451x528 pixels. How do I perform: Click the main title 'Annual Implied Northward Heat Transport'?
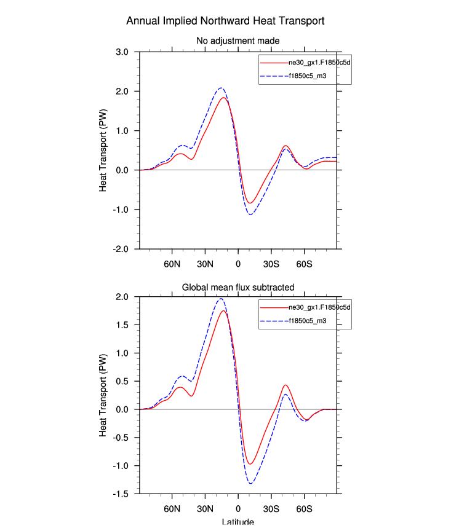pos(225,21)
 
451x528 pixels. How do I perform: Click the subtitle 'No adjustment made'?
pos(237,41)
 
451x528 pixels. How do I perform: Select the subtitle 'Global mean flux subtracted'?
pos(238,287)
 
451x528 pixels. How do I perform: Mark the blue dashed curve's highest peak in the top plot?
pos(221,88)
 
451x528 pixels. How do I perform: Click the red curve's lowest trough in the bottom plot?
pos(250,464)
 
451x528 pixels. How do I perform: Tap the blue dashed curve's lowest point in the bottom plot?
pos(251,484)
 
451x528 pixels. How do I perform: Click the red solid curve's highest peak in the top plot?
pos(223,98)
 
